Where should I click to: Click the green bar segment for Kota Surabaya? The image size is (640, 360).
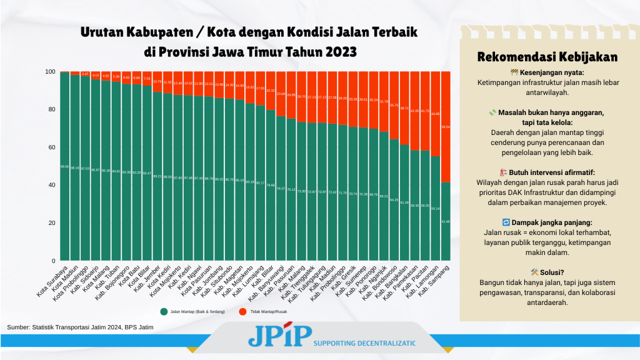tap(64, 166)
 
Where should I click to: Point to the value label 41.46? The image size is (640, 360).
tap(446, 222)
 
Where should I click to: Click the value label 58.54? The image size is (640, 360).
tap(446, 127)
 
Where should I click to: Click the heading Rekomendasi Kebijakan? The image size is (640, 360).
tap(547, 57)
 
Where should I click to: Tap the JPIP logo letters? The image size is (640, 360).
tap(279, 336)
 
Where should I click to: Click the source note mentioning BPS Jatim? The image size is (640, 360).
tap(80, 327)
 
